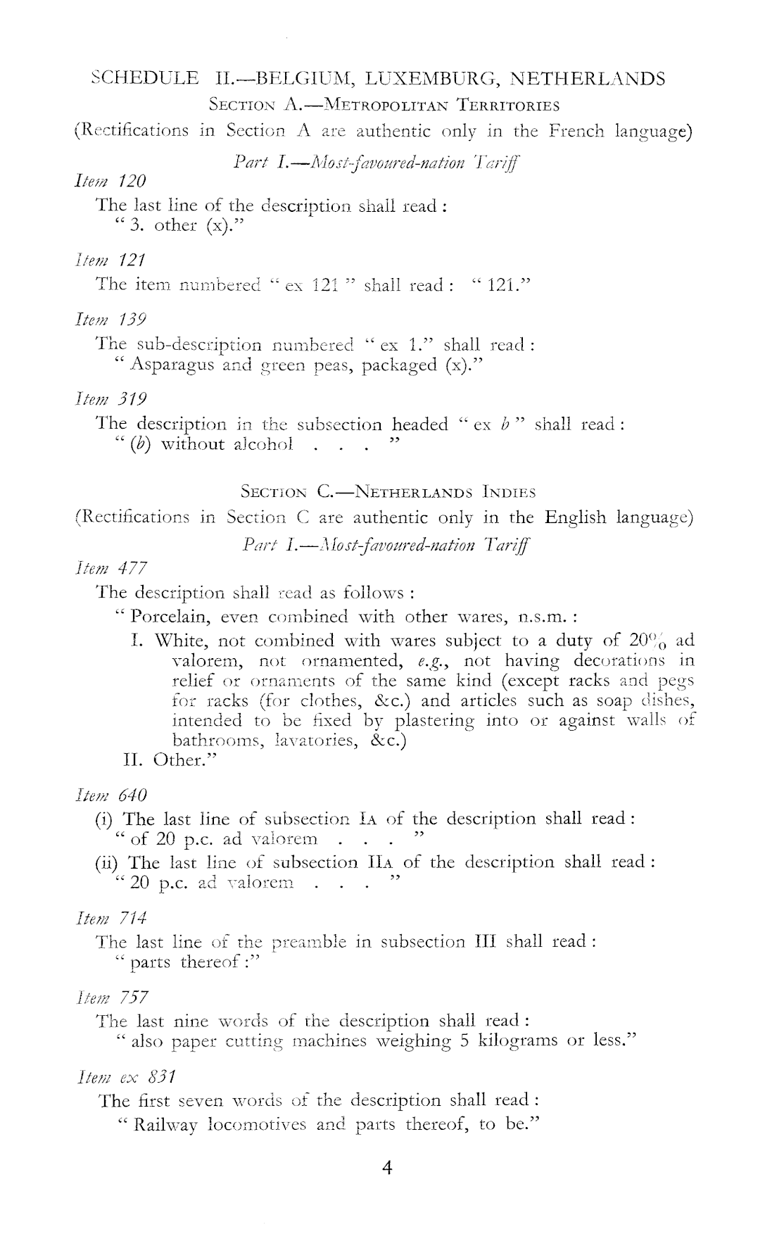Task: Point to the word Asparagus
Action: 172,365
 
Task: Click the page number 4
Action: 386,1169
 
